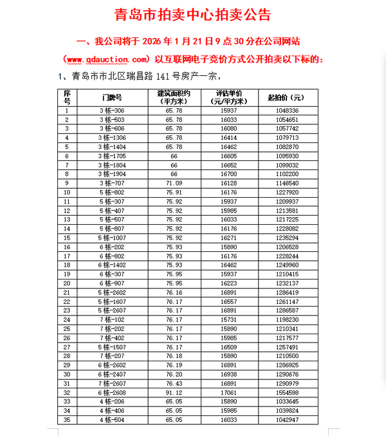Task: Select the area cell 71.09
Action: pyautogui.click(x=174, y=183)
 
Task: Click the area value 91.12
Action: pyautogui.click(x=174, y=392)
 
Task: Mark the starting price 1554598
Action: pyautogui.click(x=286, y=392)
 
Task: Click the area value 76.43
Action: pyautogui.click(x=174, y=383)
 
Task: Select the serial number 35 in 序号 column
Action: pyautogui.click(x=66, y=419)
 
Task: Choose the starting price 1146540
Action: pyautogui.click(x=286, y=183)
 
